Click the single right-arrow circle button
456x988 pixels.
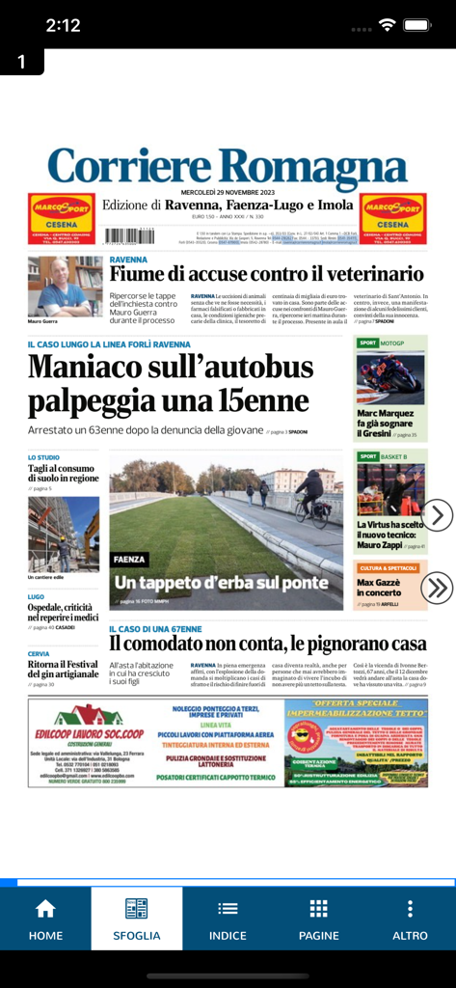(x=437, y=515)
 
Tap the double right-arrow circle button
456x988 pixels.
(x=437, y=587)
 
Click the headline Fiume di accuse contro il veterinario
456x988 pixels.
(x=266, y=274)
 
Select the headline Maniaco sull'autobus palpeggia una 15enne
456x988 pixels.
(x=171, y=383)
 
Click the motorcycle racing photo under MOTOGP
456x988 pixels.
(x=390, y=377)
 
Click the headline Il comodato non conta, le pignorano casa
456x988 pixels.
(x=267, y=644)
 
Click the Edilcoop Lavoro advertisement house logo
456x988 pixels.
(x=89, y=715)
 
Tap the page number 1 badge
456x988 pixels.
(x=22, y=63)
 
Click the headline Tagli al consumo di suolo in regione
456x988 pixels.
(x=63, y=473)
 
